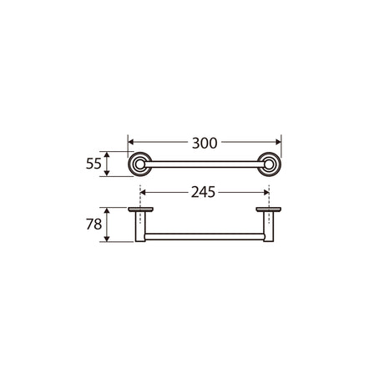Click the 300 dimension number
pyautogui.click(x=205, y=144)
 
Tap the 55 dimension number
pyautogui.click(x=93, y=164)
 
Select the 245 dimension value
pyautogui.click(x=203, y=192)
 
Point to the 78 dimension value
pyautogui.click(x=93, y=225)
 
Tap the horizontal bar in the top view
pyautogui.click(x=204, y=164)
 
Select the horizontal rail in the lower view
pyautogui.click(x=205, y=237)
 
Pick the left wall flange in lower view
pyautogui.click(x=140, y=210)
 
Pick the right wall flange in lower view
pyautogui.click(x=269, y=210)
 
